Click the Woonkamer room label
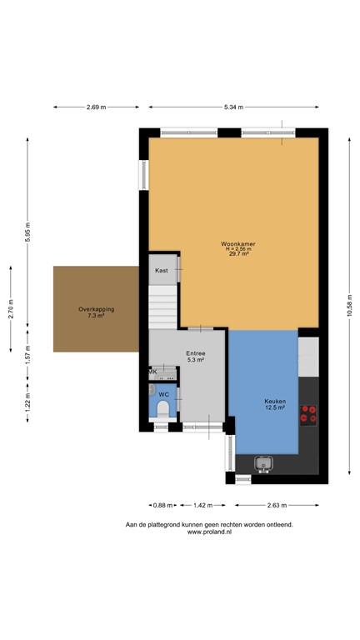pos(237,243)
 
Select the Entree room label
pos(196,354)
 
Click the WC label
pos(164,393)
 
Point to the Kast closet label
pos(162,270)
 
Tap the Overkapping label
pos(97,309)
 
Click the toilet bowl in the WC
pos(163,408)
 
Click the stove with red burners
pos(308,414)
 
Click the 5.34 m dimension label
pos(233,107)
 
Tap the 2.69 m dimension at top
pos(97,107)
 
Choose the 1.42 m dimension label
pos(203,504)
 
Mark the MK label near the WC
pos(152,372)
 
